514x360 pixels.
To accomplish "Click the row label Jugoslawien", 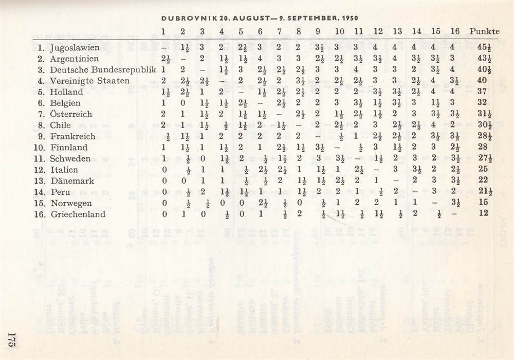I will coord(76,48).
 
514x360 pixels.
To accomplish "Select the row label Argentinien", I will coord(75,59).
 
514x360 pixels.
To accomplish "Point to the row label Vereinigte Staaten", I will coord(89,81).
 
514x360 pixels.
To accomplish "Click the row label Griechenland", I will coord(78,214).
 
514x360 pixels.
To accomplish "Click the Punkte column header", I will coord(485,31).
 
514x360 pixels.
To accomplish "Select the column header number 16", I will coord(454,31).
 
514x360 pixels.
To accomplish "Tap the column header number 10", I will coord(340,31).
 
